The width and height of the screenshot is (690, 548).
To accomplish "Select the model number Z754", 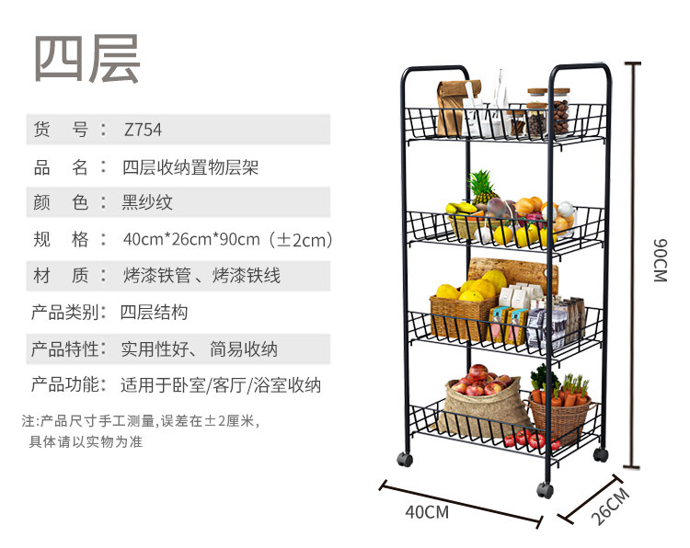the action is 143,130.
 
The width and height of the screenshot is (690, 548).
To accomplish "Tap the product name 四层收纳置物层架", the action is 190,167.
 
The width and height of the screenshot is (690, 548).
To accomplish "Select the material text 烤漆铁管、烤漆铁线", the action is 201,275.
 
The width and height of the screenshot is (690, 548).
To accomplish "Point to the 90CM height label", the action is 659,260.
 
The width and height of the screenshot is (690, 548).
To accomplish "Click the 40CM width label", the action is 427,511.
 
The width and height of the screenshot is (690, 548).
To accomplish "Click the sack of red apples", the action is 481,394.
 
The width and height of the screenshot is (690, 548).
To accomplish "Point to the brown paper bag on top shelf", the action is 450,107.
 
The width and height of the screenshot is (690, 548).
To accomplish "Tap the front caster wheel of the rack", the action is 545,490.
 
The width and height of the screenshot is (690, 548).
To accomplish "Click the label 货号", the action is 60,130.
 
